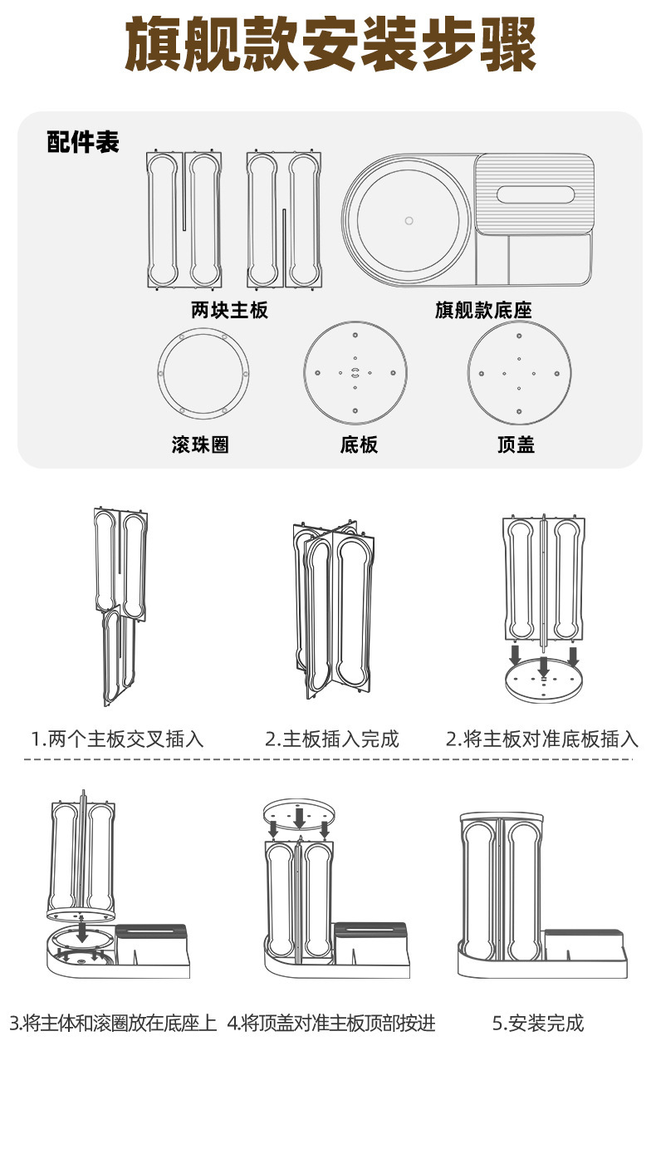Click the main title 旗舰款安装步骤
tap(330, 44)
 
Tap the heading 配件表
tap(83, 142)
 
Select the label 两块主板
tap(230, 311)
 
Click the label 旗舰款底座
tap(483, 311)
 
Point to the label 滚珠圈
tap(200, 444)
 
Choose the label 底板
tap(359, 444)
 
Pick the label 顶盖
tap(516, 444)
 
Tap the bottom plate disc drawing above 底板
tap(355, 372)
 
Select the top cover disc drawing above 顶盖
tap(519, 372)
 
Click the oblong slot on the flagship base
tap(535, 195)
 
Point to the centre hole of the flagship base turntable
tap(409, 220)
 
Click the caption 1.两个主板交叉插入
tap(117, 739)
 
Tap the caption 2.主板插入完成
tap(332, 739)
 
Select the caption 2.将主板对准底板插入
tap(541, 739)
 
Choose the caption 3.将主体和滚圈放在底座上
tap(114, 1023)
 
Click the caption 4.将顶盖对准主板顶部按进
tap(331, 1023)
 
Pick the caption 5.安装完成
tap(538, 1023)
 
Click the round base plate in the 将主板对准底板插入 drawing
tap(544, 682)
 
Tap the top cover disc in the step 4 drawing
tap(298, 815)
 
